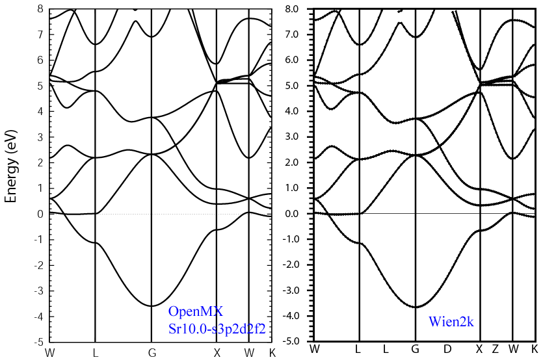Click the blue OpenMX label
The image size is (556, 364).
click(x=195, y=311)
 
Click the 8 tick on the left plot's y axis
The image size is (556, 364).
click(x=40, y=8)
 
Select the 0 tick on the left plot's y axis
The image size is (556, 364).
click(x=40, y=214)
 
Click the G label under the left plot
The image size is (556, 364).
click(x=152, y=353)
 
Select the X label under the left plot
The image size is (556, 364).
click(x=217, y=353)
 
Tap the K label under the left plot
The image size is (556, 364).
click(x=272, y=353)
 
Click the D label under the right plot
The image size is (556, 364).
click(x=447, y=350)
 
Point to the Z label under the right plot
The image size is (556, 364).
click(x=496, y=350)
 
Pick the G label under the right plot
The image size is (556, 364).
click(x=415, y=350)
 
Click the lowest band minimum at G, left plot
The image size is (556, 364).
click(x=152, y=305)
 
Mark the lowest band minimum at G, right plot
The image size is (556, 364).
click(x=415, y=307)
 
